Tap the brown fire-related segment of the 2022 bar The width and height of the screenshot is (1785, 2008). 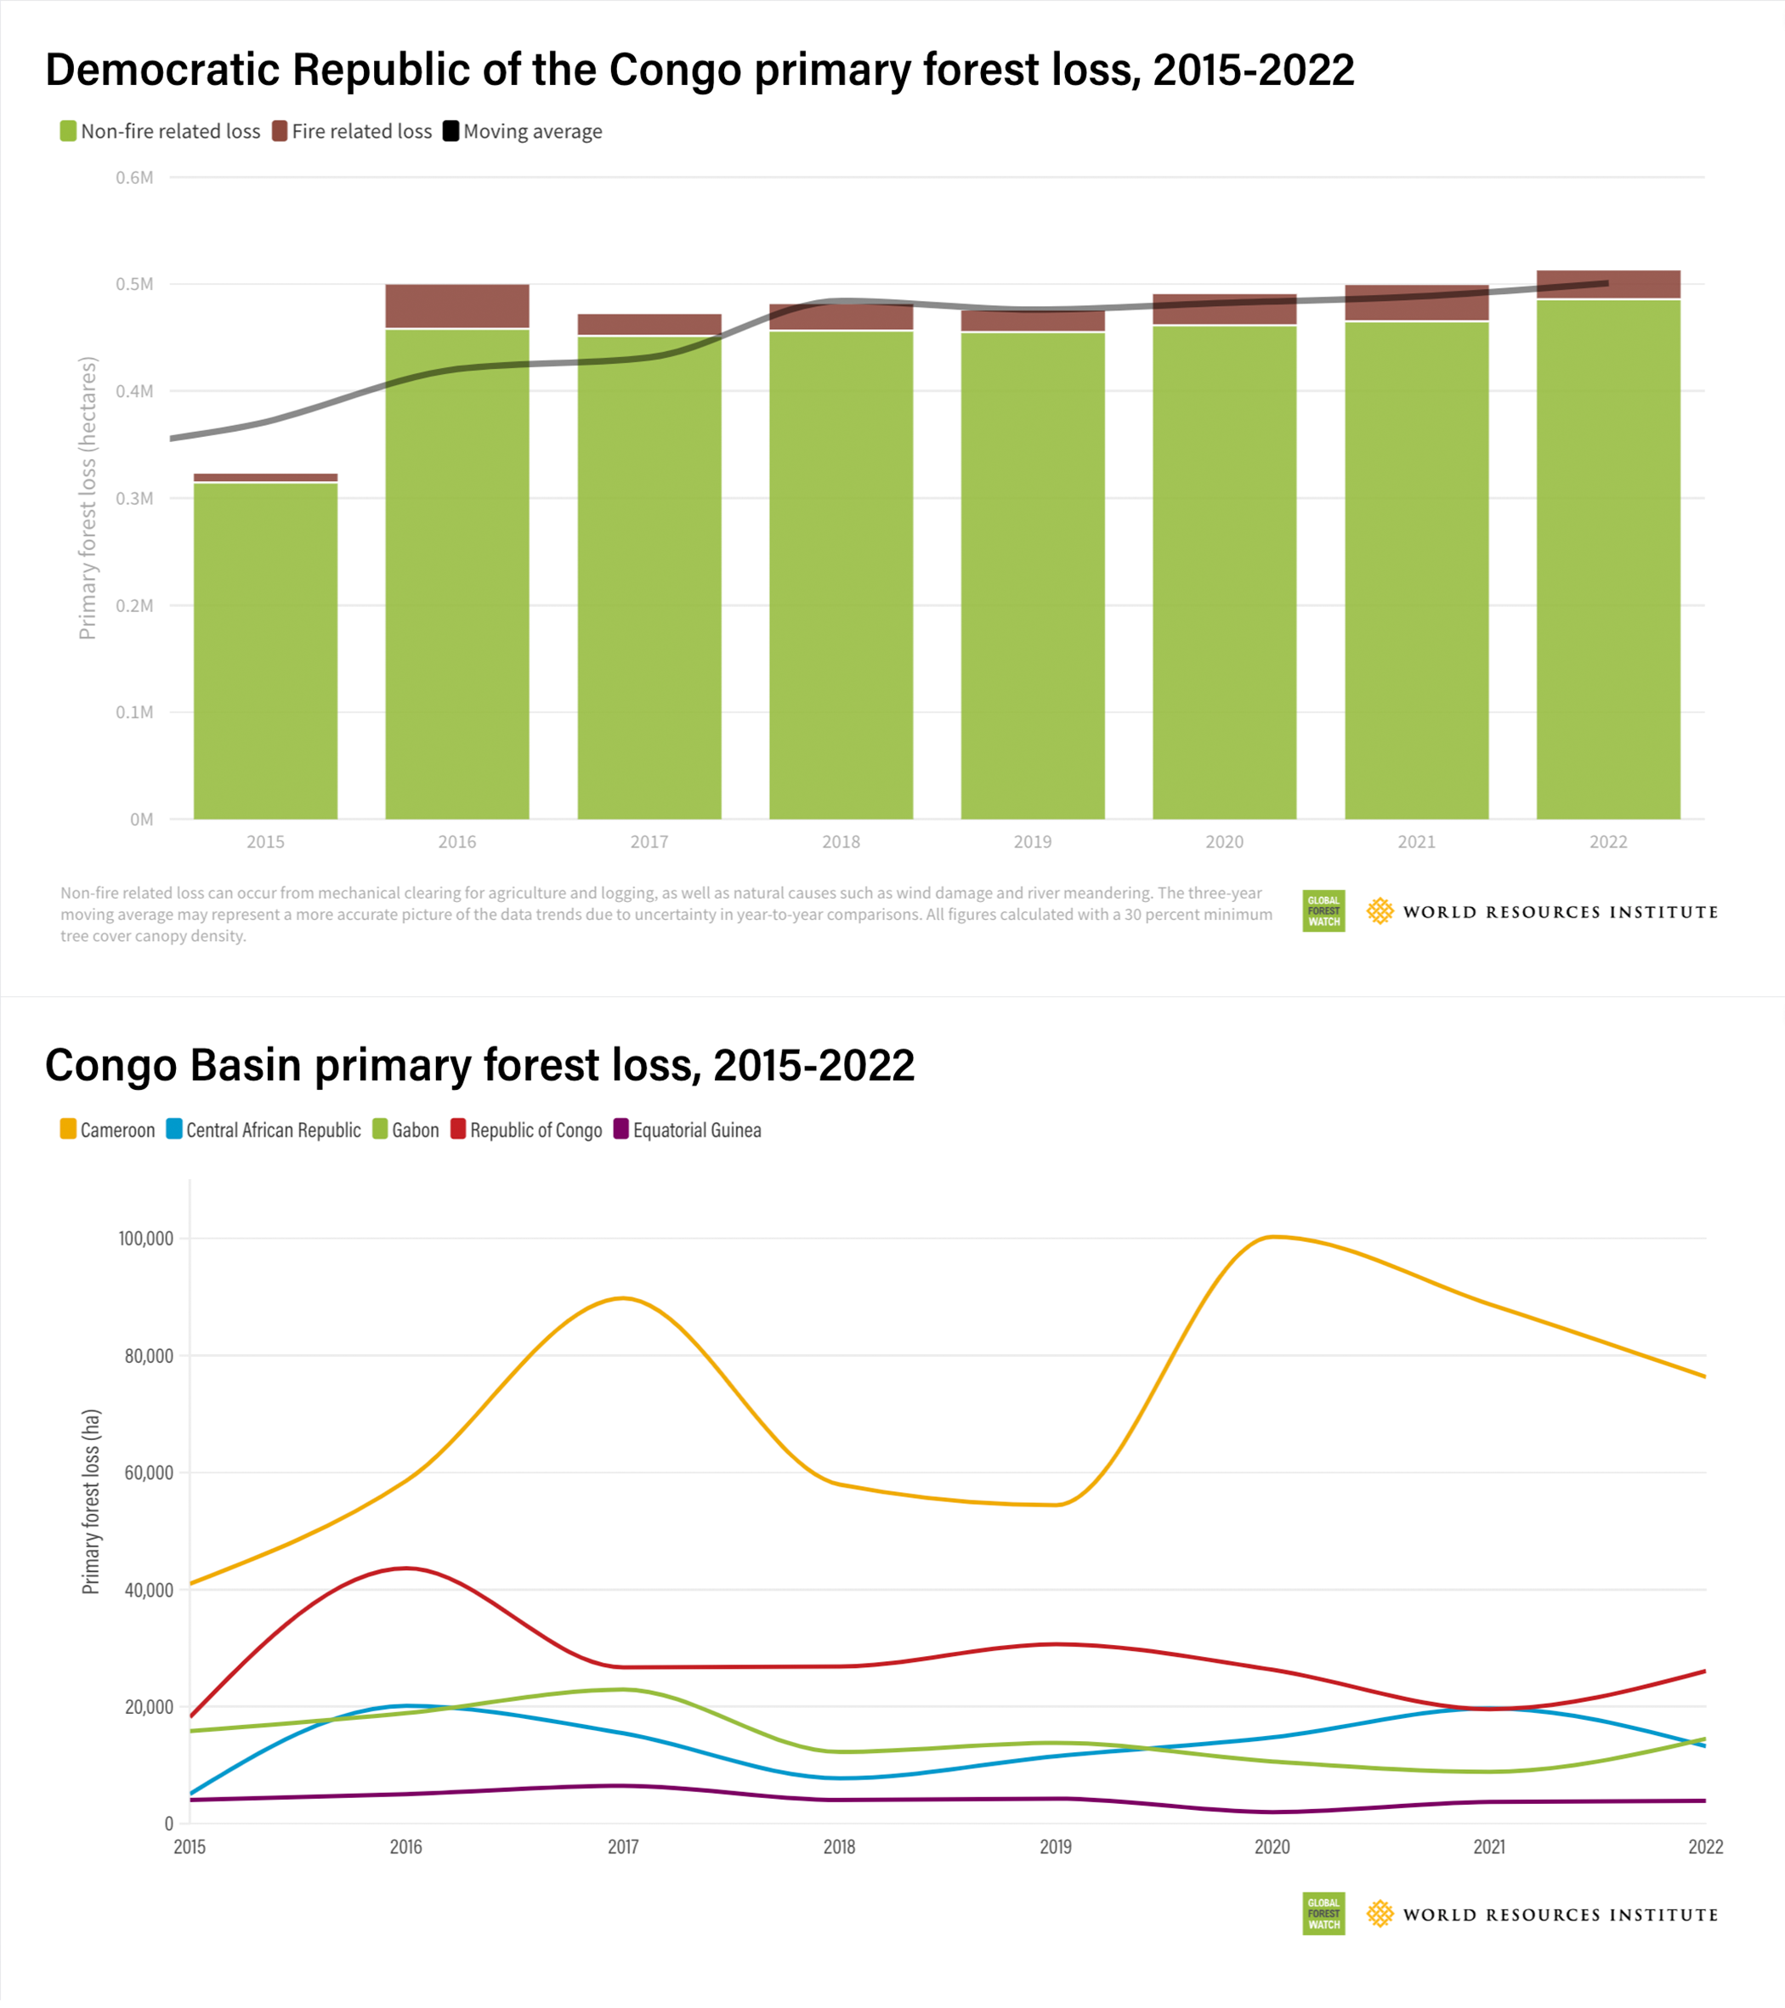tap(1608, 284)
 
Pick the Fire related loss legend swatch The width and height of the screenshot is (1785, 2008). tap(280, 132)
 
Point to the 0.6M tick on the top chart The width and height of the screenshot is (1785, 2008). tap(134, 178)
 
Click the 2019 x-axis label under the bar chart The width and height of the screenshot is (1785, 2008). tap(1033, 842)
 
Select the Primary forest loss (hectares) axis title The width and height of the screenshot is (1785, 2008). tap(88, 498)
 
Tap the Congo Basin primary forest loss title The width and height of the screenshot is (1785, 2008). tap(479, 1066)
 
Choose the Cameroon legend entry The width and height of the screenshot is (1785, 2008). tap(107, 1130)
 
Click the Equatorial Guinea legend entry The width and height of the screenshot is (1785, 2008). tap(687, 1130)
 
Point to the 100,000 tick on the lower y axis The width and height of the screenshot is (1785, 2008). tap(145, 1239)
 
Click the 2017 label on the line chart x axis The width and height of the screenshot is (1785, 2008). tap(623, 1846)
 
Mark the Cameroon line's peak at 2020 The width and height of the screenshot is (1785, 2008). tap(1272, 1237)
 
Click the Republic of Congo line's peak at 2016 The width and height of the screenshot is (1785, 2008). tap(406, 1568)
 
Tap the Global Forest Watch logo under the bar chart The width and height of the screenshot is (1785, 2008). tap(1323, 911)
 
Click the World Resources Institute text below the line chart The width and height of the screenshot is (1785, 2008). tap(1560, 1914)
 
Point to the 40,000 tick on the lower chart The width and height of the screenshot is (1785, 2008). tap(149, 1591)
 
